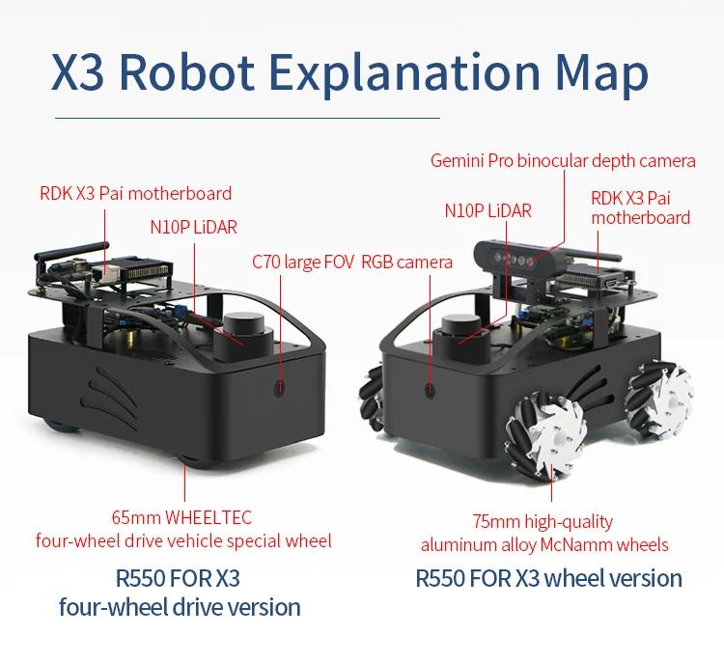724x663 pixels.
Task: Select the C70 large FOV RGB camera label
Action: pos(351,262)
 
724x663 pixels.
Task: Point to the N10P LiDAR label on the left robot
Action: pos(193,228)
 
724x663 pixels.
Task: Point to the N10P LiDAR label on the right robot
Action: pos(487,210)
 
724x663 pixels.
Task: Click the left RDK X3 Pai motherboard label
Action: pos(135,193)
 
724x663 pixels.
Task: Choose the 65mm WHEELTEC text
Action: pos(182,517)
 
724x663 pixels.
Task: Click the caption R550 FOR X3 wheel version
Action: pos(548,578)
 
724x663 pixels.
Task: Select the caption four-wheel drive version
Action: pos(180,607)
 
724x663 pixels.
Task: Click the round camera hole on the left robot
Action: pos(280,388)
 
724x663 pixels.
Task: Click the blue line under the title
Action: pos(246,119)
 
